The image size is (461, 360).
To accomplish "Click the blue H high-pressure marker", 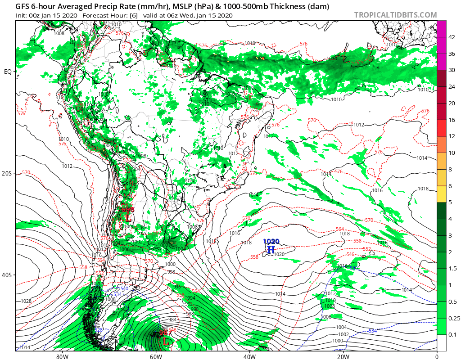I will click(x=271, y=249).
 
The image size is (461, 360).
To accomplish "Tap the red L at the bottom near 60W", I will click(x=166, y=342).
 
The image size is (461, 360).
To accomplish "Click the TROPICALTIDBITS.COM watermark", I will click(x=395, y=15).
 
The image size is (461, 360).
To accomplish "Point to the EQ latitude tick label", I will click(x=8, y=72).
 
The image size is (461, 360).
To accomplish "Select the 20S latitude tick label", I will click(x=8, y=173).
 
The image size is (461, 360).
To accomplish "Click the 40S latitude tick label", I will click(x=8, y=275).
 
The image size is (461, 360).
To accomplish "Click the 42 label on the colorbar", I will click(x=452, y=37).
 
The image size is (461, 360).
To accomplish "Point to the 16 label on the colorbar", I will click(x=452, y=120).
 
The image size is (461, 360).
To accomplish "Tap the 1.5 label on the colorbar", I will click(x=452, y=269).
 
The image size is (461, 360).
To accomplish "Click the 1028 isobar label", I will click(x=26, y=301).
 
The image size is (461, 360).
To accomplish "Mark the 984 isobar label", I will click(x=172, y=319).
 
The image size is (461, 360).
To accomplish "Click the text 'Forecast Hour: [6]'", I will click(x=106, y=15).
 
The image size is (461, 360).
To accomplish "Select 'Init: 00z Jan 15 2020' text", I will click(x=46, y=15).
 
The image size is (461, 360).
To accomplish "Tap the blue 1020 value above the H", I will click(x=271, y=242).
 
